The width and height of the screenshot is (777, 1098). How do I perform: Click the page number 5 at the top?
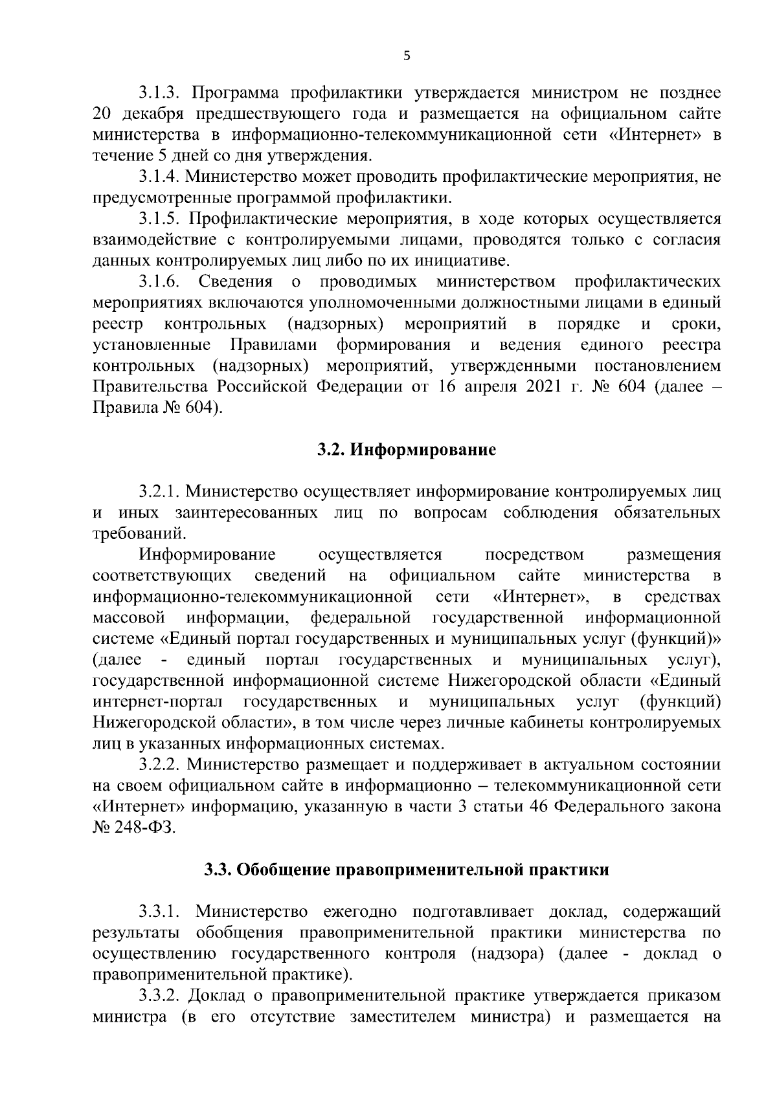point(407,56)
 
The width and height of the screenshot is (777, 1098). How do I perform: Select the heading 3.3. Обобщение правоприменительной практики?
point(406,870)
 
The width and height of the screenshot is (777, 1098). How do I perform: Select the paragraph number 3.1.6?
point(157,281)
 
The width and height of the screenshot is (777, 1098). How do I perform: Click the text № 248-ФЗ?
point(134,828)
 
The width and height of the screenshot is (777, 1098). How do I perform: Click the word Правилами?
point(273,345)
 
